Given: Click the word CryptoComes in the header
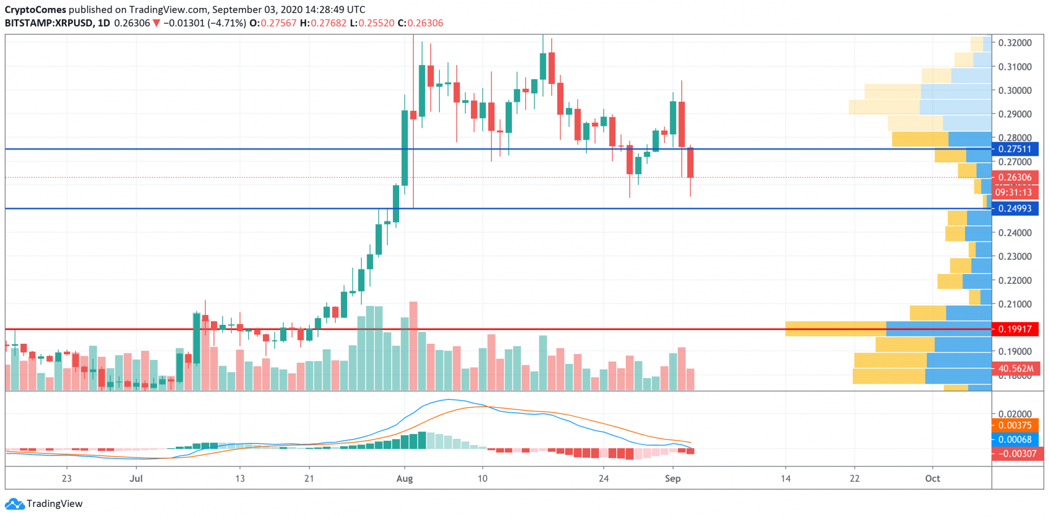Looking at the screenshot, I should [x=36, y=9].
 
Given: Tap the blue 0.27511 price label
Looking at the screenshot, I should [x=1015, y=149].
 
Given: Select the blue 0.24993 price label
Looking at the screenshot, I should [x=1015, y=208].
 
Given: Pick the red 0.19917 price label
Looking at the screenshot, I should [x=1015, y=329].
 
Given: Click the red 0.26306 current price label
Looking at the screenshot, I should [x=1015, y=177].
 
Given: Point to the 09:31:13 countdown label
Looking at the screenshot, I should [x=1014, y=192].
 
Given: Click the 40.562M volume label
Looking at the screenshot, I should [x=1015, y=368].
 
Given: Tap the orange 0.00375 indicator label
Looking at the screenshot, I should [x=1015, y=425].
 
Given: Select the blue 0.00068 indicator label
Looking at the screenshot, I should [x=1015, y=439].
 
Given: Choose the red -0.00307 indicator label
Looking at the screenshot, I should [x=1015, y=453].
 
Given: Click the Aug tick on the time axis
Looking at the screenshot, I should [x=404, y=479].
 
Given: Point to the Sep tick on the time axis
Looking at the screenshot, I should [x=672, y=479].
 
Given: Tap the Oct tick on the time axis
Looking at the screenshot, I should [x=933, y=479].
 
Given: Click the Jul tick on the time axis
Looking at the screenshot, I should [x=136, y=479].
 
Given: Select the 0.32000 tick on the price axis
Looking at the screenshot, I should [x=1015, y=43].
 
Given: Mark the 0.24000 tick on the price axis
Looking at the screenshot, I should [x=1015, y=232].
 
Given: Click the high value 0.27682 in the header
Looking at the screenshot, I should [x=328, y=23].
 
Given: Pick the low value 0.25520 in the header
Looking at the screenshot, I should [x=376, y=23].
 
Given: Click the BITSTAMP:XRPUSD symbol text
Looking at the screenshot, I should [x=49, y=23].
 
